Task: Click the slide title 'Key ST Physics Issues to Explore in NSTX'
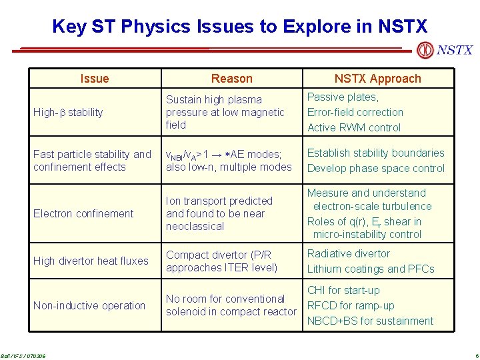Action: (239, 27)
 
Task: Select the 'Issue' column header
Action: (94, 79)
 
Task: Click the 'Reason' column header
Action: (231, 79)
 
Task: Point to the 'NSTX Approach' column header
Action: (377, 79)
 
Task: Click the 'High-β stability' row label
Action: (68, 113)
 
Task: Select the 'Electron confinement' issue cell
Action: (83, 214)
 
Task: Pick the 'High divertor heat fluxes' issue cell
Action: (91, 261)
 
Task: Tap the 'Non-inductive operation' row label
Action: (89, 306)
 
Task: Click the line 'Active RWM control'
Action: (354, 128)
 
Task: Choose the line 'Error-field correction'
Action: (355, 113)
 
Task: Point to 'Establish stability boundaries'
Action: (375, 153)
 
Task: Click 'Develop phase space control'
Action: (375, 169)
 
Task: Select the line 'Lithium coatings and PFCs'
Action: (370, 269)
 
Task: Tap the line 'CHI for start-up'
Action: (343, 291)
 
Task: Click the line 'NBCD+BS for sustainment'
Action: (370, 321)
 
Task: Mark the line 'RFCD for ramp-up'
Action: (351, 306)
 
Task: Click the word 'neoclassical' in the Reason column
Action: (195, 227)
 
